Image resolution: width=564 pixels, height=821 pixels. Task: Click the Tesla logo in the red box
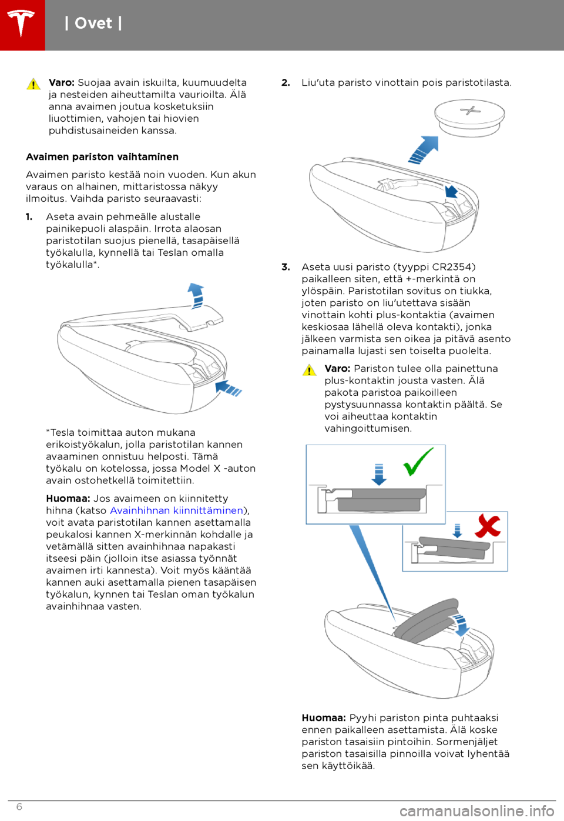tap(21, 23)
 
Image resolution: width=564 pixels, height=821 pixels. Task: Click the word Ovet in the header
tap(93, 24)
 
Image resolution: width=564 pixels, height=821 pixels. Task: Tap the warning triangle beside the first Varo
tap(33, 84)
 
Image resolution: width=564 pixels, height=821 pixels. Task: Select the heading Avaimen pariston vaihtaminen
tap(102, 157)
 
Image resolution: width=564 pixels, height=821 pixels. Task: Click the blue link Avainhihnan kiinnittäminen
tap(176, 510)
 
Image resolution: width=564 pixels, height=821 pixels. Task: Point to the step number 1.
tap(29, 216)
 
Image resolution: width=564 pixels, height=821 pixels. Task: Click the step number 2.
tap(286, 83)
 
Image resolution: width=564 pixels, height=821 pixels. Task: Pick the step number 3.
tap(286, 267)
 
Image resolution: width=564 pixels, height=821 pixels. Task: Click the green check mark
tap(417, 462)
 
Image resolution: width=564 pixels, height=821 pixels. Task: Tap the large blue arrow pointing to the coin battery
tap(424, 150)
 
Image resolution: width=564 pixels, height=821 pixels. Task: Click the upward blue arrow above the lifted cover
tap(196, 296)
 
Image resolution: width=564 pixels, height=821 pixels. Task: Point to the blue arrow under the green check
tap(379, 475)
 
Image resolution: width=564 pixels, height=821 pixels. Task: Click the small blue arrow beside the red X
tap(457, 531)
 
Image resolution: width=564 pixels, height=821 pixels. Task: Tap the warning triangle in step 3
tap(310, 370)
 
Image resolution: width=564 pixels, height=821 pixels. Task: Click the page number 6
tap(19, 807)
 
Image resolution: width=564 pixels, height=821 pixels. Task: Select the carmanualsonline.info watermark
tap(477, 811)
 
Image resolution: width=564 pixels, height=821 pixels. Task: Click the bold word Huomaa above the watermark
tap(324, 717)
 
